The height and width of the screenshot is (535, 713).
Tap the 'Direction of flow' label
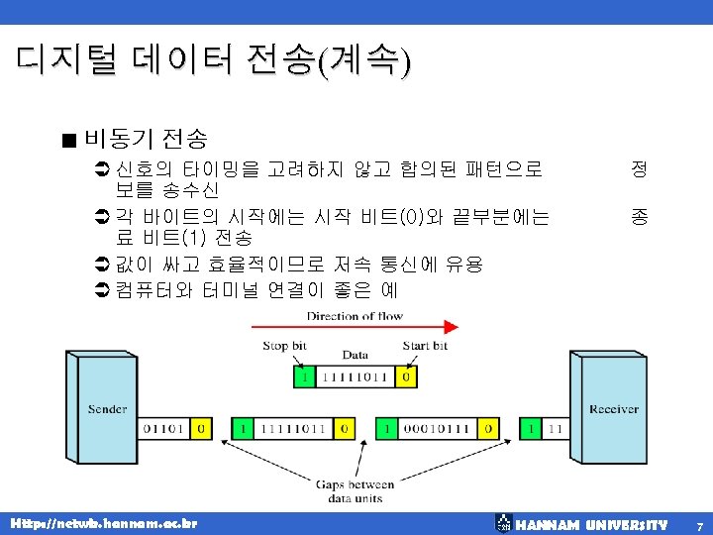click(355, 315)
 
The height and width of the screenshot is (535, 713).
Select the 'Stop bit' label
click(283, 346)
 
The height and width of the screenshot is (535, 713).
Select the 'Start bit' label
click(425, 346)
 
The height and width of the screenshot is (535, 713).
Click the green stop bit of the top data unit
click(306, 377)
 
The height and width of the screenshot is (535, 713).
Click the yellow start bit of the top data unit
click(406, 377)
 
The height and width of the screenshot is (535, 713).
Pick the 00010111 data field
click(436, 428)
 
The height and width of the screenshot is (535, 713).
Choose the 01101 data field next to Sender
click(164, 428)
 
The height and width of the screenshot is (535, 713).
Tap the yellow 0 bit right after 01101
click(201, 428)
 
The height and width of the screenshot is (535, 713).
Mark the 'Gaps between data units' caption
click(355, 490)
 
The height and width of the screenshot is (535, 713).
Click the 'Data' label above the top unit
click(355, 355)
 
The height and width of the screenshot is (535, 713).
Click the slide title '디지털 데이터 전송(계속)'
click(213, 61)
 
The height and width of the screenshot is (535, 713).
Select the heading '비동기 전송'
click(146, 136)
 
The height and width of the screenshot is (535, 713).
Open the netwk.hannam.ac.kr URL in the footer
click(103, 522)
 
